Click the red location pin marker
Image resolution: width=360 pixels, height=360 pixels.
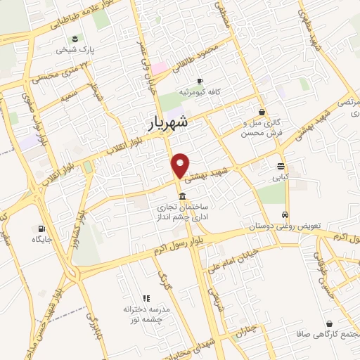(x=181, y=165)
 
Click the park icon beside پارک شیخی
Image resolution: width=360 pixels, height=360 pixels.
(x=75, y=38)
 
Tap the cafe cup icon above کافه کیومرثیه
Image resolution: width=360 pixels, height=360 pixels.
(x=200, y=81)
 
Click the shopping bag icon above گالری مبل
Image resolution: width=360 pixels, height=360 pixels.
(x=262, y=111)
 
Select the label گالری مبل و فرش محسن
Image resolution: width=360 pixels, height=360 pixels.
(x=262, y=128)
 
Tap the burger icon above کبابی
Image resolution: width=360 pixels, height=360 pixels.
(x=281, y=167)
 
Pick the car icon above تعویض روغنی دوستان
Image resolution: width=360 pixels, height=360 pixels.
(x=284, y=214)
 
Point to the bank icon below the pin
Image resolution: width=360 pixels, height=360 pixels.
(x=182, y=195)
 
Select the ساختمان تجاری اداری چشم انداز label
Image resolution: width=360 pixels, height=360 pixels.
(x=183, y=213)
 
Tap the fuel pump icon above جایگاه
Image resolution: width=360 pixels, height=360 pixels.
(x=42, y=228)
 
